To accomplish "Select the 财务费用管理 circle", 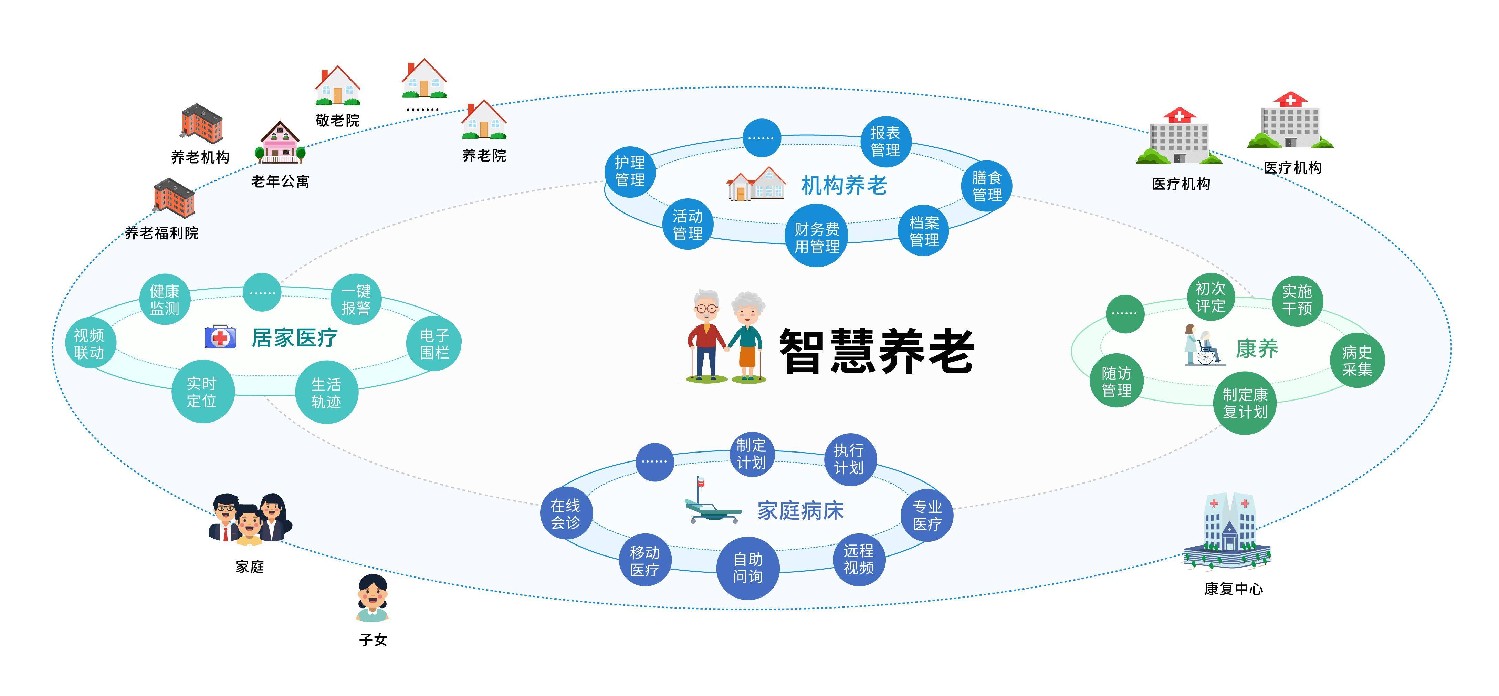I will coord(817,237).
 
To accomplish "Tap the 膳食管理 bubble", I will coord(987,186).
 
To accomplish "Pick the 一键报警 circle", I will coord(356,299).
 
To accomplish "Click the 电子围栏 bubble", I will coord(434,343).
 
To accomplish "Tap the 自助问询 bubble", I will coord(748,568).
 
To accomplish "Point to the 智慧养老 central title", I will coord(876,351).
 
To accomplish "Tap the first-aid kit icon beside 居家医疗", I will coord(220,337).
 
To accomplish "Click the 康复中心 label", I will coord(1233,589).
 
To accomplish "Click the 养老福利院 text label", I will coord(162,233).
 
